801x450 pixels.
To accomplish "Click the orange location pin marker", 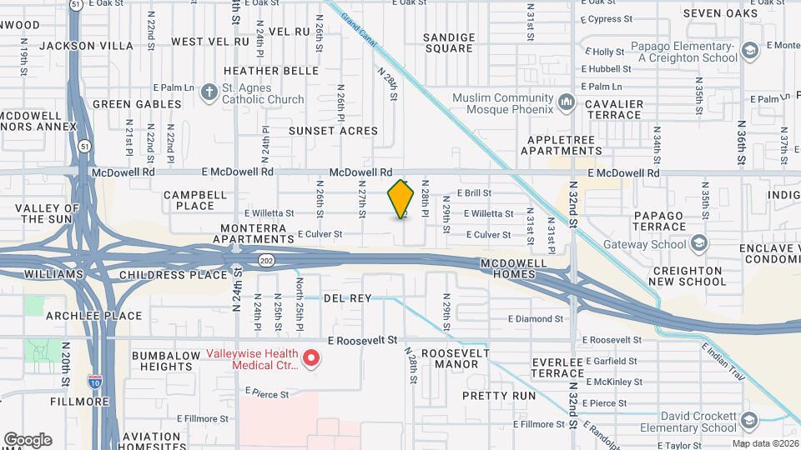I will coord(401,198).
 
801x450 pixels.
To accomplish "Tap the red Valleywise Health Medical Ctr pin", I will coord(312,358).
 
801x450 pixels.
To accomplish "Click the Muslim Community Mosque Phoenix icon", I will coord(567,102).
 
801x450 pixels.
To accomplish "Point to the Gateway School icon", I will coord(698,244).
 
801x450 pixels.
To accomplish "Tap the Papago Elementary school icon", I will coord(750,52).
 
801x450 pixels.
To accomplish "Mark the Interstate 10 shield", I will coord(95,382).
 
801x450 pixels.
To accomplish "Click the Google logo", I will coord(28,440).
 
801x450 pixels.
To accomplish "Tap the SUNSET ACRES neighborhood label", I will coord(333,131).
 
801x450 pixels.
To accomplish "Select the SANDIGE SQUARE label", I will coord(449,42).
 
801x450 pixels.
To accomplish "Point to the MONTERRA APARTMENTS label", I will coord(254,233).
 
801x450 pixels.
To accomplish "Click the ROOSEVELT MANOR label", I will coord(449,358).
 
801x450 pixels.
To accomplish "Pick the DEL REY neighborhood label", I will coord(346,297).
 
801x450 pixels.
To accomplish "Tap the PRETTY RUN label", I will coord(498,396).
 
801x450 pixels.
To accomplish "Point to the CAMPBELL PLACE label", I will coord(194,200).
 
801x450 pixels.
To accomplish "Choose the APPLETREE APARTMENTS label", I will coord(562,145).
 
